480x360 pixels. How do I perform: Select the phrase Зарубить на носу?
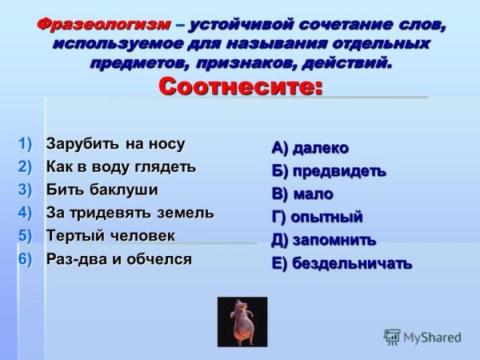pyautogui.click(x=115, y=144)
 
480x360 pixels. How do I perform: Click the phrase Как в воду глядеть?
pyautogui.click(x=121, y=166)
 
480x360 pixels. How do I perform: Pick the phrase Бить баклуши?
pyautogui.click(x=102, y=190)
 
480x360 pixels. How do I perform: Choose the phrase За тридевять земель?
pyautogui.click(x=130, y=213)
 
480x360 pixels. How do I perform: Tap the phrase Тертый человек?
pyautogui.click(x=110, y=235)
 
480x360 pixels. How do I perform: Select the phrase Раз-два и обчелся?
pyautogui.click(x=118, y=258)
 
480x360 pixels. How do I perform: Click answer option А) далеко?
pyautogui.click(x=310, y=148)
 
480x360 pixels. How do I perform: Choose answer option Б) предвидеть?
pyautogui.click(x=328, y=171)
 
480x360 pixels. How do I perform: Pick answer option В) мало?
pyautogui.click(x=302, y=194)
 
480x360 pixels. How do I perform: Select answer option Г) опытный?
pyautogui.click(x=317, y=217)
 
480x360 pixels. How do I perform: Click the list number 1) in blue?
pyautogui.click(x=26, y=144)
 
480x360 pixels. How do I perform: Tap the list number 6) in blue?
pyautogui.click(x=26, y=258)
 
